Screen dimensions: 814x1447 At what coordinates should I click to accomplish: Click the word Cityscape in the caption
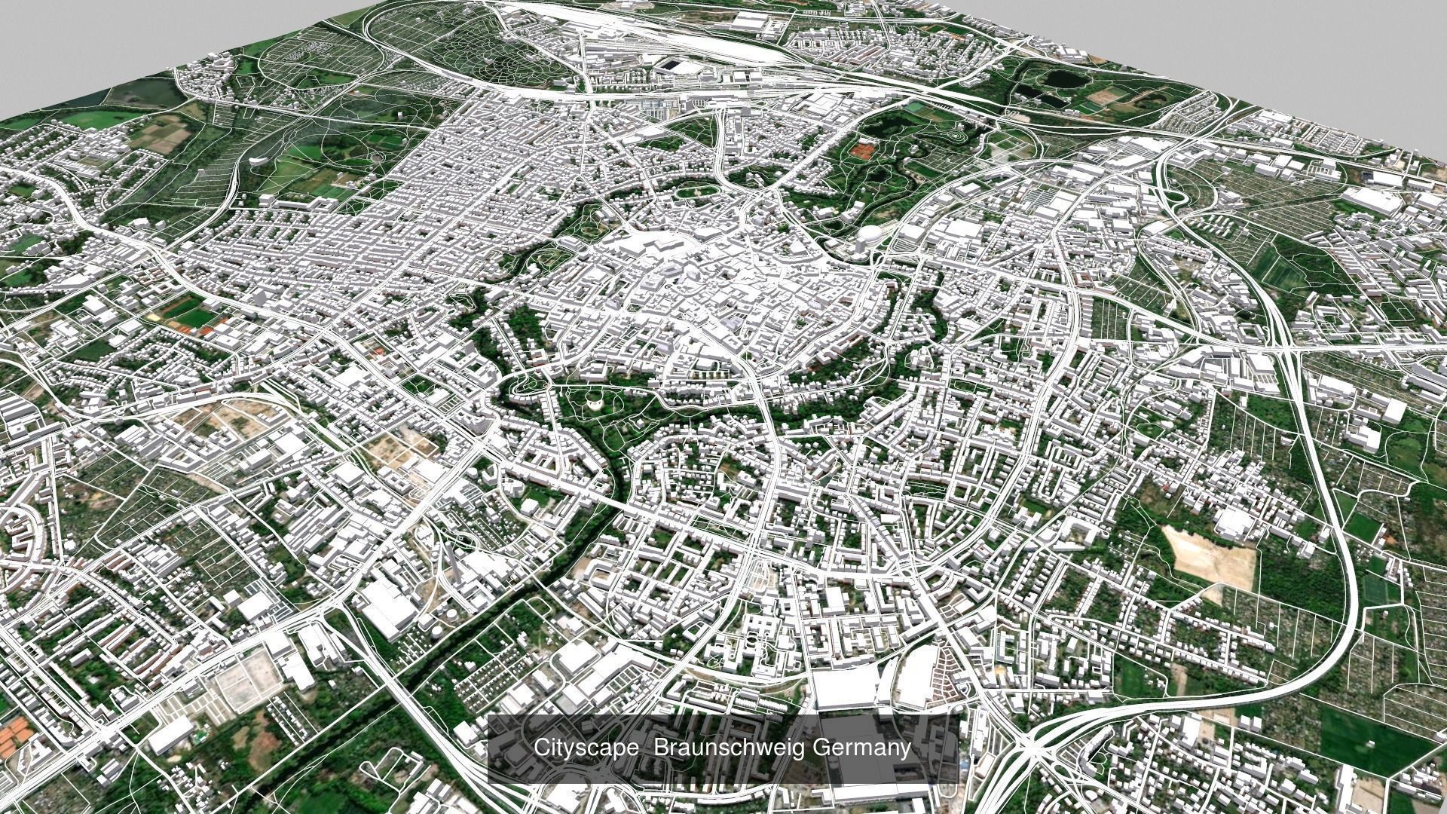pyautogui.click(x=588, y=748)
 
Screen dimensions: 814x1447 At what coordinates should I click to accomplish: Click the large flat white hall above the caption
pyautogui.click(x=844, y=687)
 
